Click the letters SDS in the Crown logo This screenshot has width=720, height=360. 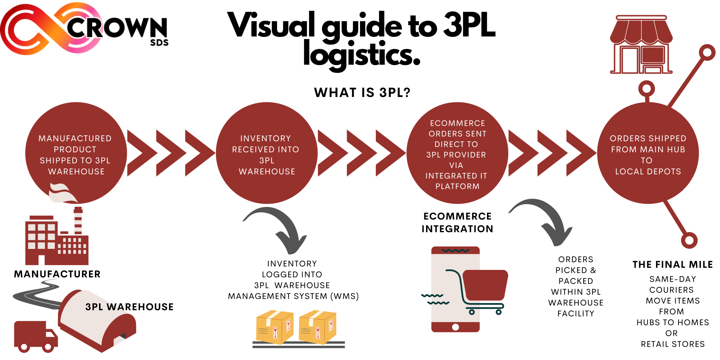159,43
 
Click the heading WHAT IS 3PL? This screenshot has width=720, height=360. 362,92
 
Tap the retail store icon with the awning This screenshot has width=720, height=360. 641,45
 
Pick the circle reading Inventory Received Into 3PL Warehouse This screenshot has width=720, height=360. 266,153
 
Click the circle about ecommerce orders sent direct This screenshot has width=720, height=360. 457,153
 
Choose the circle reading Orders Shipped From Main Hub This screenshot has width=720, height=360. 648,153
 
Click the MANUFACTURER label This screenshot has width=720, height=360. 57,274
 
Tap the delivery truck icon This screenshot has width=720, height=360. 35,336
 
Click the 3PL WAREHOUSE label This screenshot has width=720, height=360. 129,307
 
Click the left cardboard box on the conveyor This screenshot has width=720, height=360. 275,327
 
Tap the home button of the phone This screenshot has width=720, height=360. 455,327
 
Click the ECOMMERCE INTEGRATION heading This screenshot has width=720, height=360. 457,223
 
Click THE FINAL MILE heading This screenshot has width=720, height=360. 672,264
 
